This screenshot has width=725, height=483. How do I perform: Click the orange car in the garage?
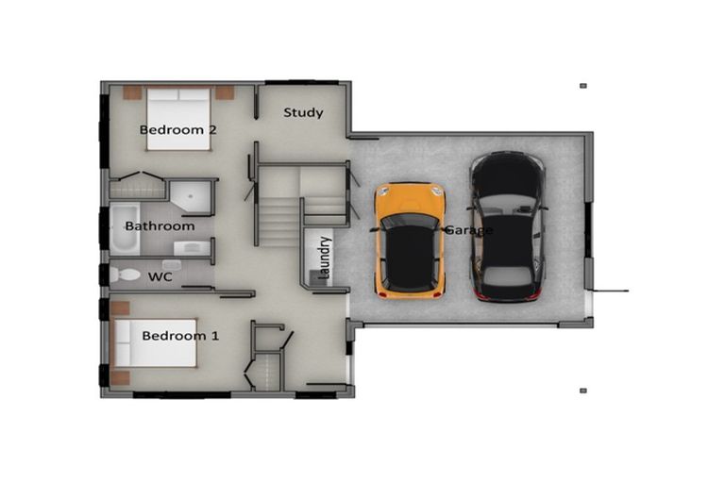(410, 240)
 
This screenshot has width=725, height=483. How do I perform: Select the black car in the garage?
(508, 226)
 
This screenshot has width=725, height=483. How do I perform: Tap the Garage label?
(469, 230)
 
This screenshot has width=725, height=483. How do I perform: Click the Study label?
(303, 113)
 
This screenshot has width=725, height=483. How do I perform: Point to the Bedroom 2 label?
(178, 130)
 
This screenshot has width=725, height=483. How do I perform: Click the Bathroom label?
(160, 226)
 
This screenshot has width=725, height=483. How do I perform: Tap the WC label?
(159, 277)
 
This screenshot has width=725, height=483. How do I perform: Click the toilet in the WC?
(124, 275)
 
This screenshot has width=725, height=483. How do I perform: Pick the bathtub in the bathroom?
(124, 226)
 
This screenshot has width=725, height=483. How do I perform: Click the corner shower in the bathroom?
(193, 194)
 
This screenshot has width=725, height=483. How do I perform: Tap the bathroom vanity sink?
(192, 248)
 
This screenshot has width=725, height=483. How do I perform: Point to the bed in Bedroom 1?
(155, 342)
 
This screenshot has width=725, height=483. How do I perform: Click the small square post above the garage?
(583, 86)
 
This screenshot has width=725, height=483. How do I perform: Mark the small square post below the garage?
(583, 390)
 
